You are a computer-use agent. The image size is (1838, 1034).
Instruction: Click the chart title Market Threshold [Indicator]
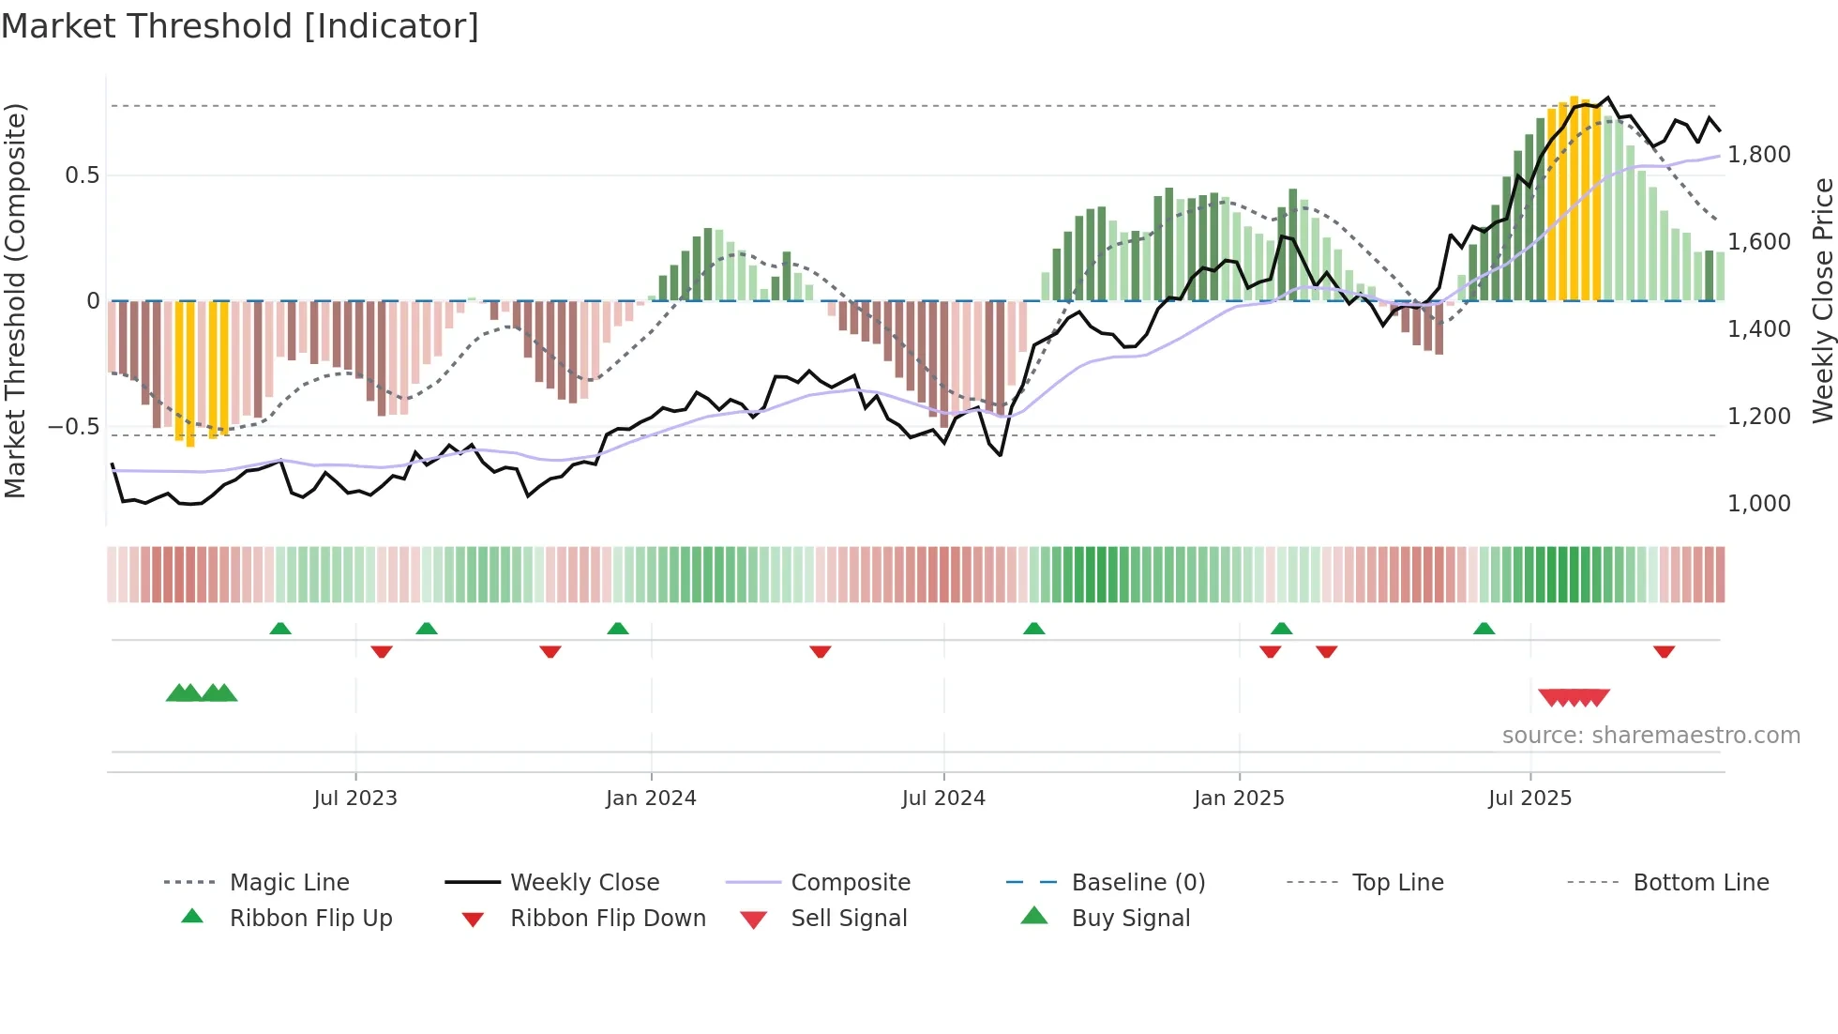[x=240, y=26]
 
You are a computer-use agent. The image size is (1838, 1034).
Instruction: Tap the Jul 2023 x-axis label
[x=355, y=798]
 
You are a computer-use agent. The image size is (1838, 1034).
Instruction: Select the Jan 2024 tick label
[x=651, y=798]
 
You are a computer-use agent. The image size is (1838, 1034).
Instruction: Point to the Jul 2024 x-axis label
[x=943, y=798]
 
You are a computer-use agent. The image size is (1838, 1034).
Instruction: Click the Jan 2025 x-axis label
[x=1239, y=798]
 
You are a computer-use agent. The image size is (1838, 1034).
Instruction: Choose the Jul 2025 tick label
[x=1529, y=798]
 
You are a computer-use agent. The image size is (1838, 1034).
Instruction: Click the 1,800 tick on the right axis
[x=1759, y=155]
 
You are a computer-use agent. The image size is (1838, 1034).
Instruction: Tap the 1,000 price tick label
[x=1759, y=504]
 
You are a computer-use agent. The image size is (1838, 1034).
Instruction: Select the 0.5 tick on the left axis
[x=82, y=175]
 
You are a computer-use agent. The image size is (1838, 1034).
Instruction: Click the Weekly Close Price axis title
[x=1822, y=300]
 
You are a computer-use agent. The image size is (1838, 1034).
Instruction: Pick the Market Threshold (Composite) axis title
[x=15, y=300]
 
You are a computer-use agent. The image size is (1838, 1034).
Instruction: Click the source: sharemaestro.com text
[x=1650, y=736]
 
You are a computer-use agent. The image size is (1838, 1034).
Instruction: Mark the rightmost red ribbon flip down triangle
[x=1665, y=651]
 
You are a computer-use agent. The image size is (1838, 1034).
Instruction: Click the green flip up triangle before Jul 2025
[x=1484, y=629]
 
